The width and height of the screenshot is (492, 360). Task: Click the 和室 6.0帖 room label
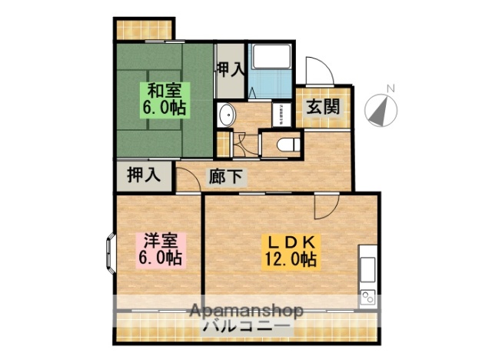pos(162,98)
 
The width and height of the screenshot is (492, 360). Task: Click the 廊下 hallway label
pos(226,176)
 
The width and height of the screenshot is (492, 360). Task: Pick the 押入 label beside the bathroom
pos(229,69)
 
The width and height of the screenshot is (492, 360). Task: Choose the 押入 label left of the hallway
pos(144,175)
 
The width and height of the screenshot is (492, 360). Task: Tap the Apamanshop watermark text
pos(246,312)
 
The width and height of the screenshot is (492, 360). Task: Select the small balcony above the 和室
pos(144,28)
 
